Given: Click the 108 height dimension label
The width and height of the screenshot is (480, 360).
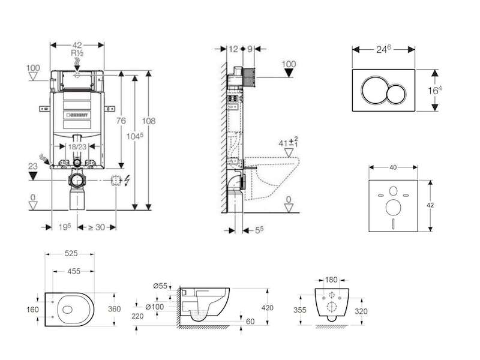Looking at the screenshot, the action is (x=148, y=121).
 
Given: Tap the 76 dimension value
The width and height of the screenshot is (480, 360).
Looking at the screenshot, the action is (x=121, y=121).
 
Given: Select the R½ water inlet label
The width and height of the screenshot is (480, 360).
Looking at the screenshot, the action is (x=77, y=53).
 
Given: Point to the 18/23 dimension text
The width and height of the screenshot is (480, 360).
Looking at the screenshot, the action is (x=77, y=147).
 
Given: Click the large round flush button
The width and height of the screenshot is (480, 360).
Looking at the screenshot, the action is (x=373, y=90).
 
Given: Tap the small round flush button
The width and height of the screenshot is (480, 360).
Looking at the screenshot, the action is (x=396, y=94).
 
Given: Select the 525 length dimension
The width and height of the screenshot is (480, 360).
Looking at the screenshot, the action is (x=71, y=253).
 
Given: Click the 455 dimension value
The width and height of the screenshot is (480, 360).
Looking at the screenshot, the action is (x=74, y=271).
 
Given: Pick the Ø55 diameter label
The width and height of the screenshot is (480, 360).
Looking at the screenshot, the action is (x=160, y=286).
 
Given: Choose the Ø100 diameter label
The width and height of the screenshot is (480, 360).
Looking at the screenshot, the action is (x=155, y=307).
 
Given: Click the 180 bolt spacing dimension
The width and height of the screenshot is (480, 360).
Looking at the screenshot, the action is (x=331, y=280).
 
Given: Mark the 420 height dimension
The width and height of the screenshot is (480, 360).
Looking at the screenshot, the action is (x=268, y=308).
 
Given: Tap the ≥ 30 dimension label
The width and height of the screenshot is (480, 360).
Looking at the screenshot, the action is (x=97, y=227).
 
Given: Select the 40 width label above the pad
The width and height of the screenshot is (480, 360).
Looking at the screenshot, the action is (x=393, y=167).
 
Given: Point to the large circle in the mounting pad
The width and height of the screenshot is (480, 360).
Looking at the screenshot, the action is (x=394, y=207).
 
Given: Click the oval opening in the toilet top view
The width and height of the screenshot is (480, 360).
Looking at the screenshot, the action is (x=67, y=310).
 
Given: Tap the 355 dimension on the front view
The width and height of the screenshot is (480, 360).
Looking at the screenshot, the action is (x=299, y=310).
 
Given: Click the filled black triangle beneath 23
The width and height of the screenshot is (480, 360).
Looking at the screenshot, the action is (x=33, y=176).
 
